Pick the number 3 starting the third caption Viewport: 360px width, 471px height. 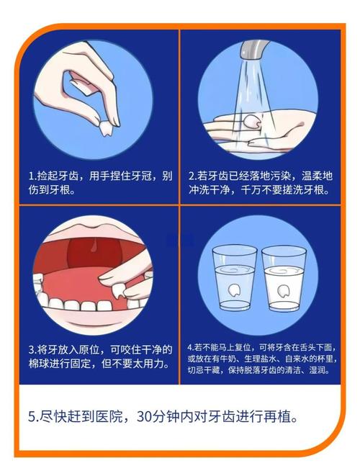31,349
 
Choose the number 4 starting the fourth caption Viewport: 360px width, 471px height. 189,346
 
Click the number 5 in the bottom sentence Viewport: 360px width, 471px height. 32,417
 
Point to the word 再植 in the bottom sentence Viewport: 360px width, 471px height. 273,417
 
